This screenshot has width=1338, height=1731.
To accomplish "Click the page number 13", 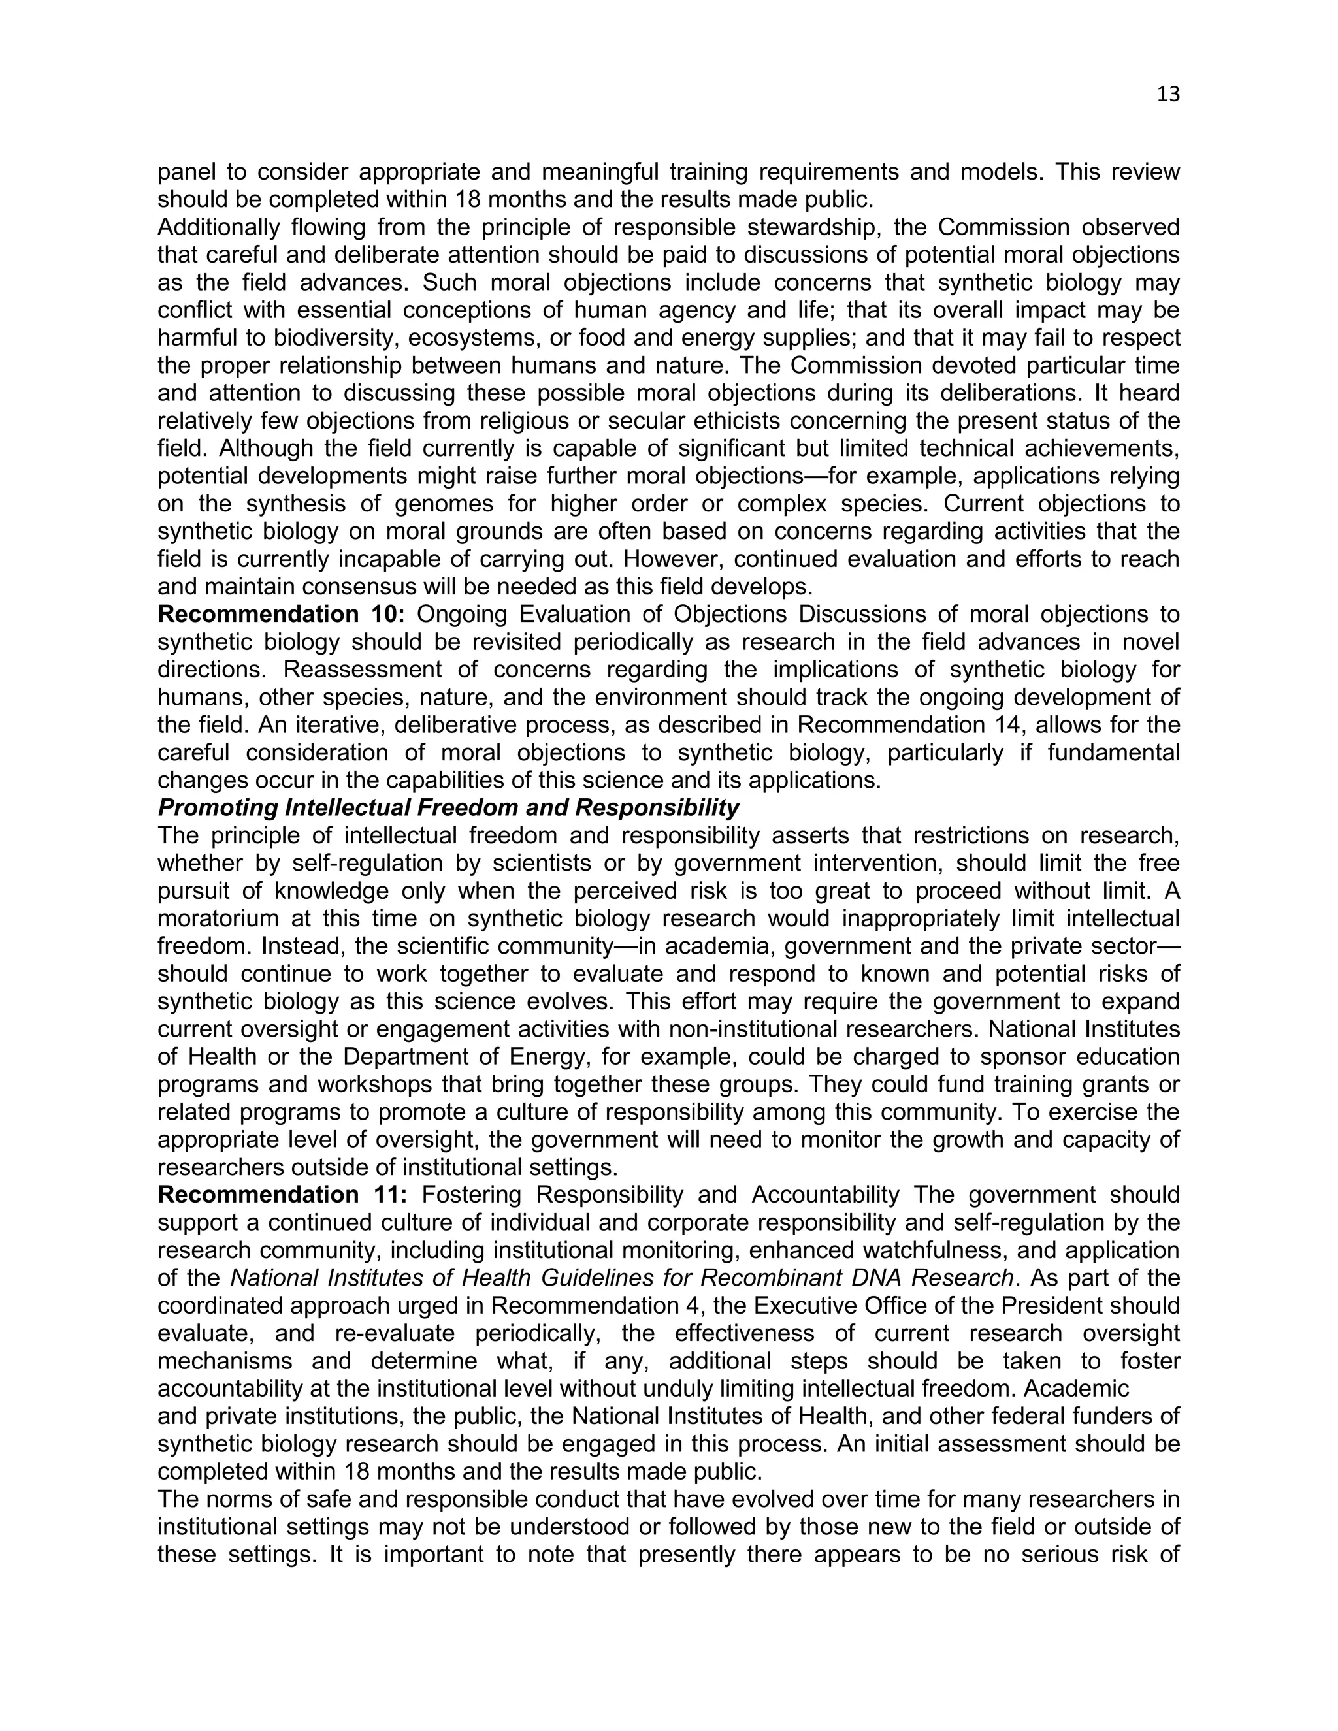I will [x=1168, y=94].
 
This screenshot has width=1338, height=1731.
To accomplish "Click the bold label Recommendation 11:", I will [x=282, y=1195].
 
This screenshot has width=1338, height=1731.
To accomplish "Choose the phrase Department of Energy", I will [x=450, y=1056].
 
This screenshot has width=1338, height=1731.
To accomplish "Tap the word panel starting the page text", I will [x=189, y=172].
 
